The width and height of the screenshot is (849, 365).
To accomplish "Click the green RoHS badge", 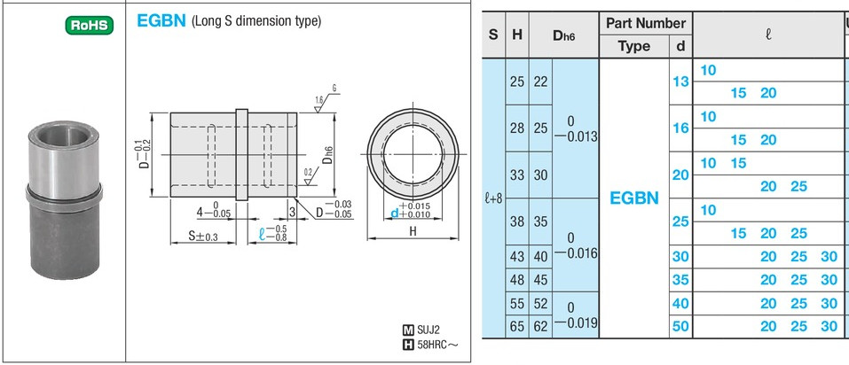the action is pos(90,25).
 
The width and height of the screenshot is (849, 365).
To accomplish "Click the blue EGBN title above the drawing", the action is pos(161,21).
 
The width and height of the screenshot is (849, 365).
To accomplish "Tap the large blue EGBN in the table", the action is pos(634,198).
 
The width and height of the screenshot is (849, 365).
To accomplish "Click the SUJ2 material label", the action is pos(428,329).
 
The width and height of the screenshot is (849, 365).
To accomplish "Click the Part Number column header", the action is pos(646,23).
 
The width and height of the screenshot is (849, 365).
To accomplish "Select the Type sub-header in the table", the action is pos(634,46).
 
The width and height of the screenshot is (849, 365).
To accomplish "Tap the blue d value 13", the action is pos(680,82).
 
